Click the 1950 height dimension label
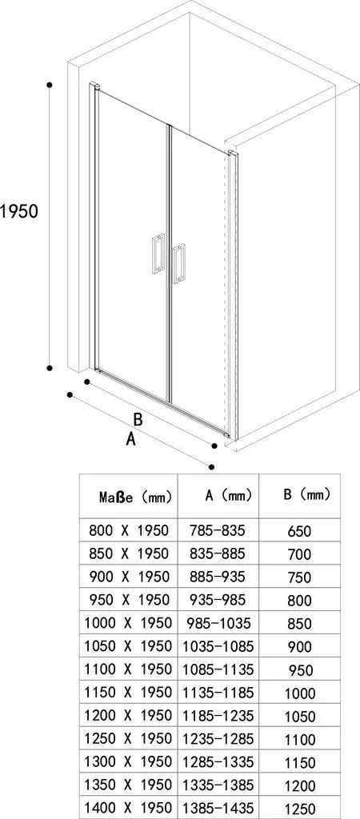point(19,211)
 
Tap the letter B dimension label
point(138,419)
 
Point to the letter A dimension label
point(131,439)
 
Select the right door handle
point(179,264)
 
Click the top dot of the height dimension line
point(50,84)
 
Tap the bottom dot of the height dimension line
point(50,368)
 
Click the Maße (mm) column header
point(135,497)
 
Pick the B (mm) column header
point(306,494)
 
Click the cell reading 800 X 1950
point(129,530)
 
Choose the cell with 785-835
point(218,530)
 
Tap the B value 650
point(299,531)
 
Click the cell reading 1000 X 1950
point(129,622)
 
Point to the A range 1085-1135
point(218,669)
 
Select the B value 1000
point(300,693)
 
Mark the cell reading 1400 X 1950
point(129,807)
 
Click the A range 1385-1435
point(218,807)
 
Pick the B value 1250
point(300,808)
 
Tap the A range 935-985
point(218,600)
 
